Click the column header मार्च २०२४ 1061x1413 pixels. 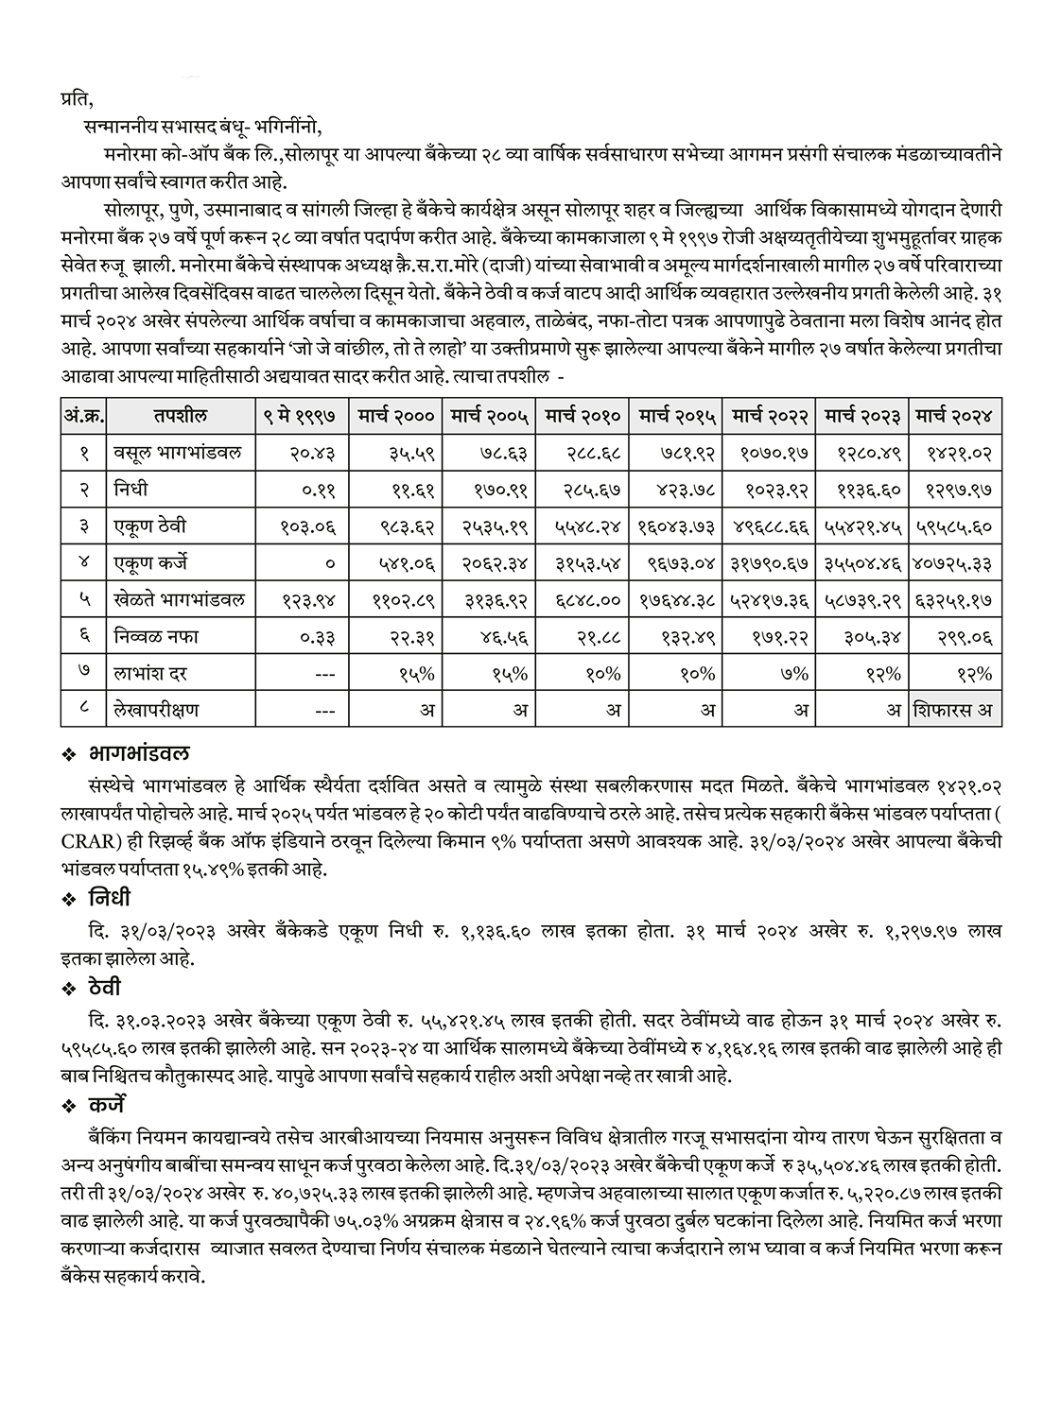pos(955,416)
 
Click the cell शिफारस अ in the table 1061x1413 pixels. pos(955,710)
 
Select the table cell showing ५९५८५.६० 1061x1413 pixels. pos(955,526)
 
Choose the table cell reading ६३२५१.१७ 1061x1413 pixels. pos(955,600)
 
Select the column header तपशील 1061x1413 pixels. pos(177,416)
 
